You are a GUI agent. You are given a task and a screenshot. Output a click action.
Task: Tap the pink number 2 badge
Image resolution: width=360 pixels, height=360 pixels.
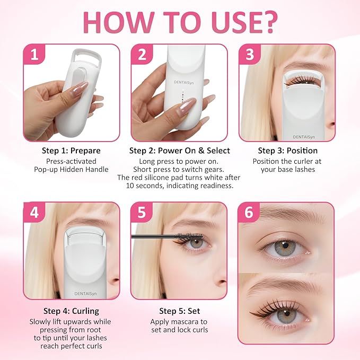[142, 55]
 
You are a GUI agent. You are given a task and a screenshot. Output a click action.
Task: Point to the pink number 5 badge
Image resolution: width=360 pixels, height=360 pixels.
[142, 213]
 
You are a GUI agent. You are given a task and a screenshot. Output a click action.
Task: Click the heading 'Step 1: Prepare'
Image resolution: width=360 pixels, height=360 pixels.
[71, 151]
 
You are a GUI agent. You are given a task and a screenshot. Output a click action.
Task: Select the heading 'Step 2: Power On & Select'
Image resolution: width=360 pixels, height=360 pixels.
[179, 151]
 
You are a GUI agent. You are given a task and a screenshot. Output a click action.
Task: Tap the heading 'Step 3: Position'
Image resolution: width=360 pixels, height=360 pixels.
[287, 151]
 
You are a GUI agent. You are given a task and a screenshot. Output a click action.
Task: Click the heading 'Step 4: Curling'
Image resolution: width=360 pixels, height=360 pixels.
[71, 311]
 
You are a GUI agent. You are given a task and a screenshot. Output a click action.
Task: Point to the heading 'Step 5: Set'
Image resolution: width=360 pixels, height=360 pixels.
[179, 311]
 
